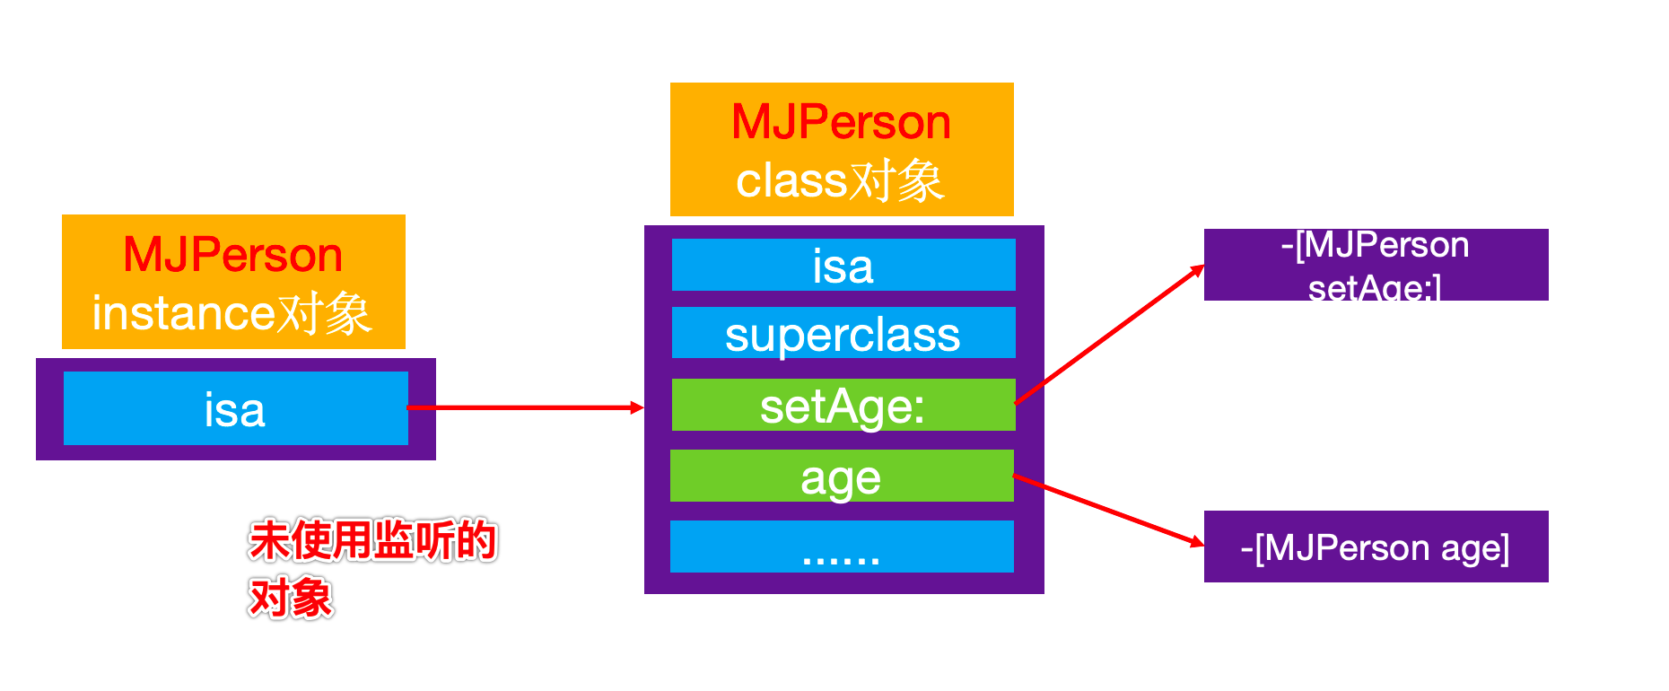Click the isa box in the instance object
[235, 408]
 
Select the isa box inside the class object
[843, 265]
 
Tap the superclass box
[843, 333]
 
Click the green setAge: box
[843, 405]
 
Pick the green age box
[841, 476]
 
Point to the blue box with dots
[841, 547]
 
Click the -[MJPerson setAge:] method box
[1376, 265]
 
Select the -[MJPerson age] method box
[1376, 547]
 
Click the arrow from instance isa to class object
[525, 407]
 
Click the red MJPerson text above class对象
[841, 122]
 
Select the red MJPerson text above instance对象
[233, 255]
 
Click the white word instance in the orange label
[183, 313]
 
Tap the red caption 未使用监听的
[372, 540]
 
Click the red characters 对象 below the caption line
[291, 598]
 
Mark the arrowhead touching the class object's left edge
[638, 407]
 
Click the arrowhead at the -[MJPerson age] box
[1197, 542]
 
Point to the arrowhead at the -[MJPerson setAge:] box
[1198, 269]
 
